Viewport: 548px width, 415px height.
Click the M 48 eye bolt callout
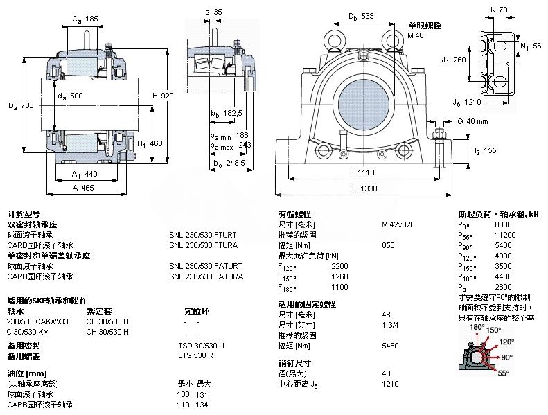(416, 35)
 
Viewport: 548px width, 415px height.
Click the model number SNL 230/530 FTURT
(206, 235)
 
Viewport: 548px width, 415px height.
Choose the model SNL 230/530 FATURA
(206, 276)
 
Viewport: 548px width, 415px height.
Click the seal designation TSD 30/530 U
(202, 345)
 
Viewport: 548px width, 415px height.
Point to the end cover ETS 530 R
(195, 355)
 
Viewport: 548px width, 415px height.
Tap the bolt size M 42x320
(398, 224)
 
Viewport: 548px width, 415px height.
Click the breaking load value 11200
(506, 235)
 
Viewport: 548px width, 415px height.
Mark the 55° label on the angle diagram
(502, 373)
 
